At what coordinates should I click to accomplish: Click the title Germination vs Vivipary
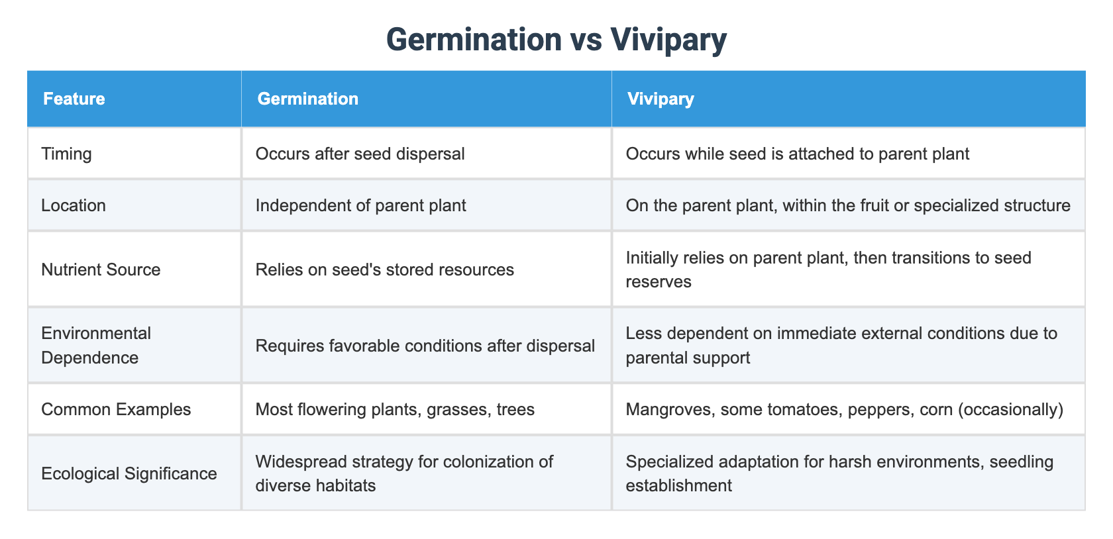[556, 39]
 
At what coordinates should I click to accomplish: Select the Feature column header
[74, 99]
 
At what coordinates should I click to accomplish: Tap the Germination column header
[307, 99]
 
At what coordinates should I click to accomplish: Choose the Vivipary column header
[660, 99]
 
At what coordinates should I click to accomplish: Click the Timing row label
[66, 154]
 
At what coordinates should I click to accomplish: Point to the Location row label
[74, 205]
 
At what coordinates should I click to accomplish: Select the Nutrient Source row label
[101, 269]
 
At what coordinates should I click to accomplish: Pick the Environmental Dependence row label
[96, 345]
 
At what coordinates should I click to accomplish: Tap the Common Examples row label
[116, 409]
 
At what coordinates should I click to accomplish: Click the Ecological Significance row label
[129, 473]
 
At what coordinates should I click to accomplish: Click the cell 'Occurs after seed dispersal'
[360, 154]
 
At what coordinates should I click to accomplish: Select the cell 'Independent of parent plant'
[360, 205]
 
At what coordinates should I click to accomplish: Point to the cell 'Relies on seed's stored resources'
[384, 269]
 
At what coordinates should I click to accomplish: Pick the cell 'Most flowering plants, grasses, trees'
[395, 409]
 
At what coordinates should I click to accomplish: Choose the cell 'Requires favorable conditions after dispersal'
[425, 345]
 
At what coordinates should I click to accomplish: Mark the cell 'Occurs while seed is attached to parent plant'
[797, 154]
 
